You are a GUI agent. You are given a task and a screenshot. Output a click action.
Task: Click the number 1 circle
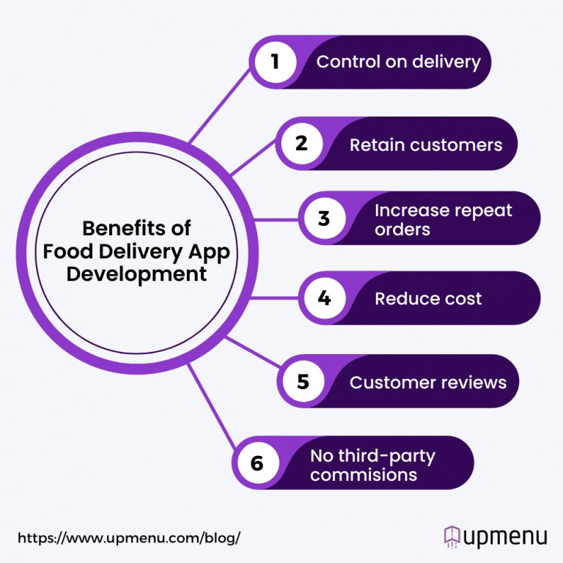click(x=276, y=62)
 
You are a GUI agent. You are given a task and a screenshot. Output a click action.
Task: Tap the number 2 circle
click(x=301, y=144)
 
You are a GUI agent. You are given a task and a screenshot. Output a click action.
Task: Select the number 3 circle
click(x=324, y=219)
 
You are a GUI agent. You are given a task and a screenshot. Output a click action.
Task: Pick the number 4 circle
click(x=324, y=298)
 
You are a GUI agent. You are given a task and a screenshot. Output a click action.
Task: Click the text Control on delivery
click(x=398, y=62)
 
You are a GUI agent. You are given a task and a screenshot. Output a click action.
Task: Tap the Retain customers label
click(x=426, y=144)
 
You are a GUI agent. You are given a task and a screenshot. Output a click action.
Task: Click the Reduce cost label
click(x=428, y=298)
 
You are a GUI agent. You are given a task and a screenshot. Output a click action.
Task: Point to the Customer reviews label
click(x=428, y=382)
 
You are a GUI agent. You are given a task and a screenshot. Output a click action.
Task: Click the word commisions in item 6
click(x=364, y=474)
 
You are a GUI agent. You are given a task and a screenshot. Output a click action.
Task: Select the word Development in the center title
click(x=136, y=275)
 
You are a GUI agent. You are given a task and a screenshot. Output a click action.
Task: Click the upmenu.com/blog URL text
click(x=129, y=537)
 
